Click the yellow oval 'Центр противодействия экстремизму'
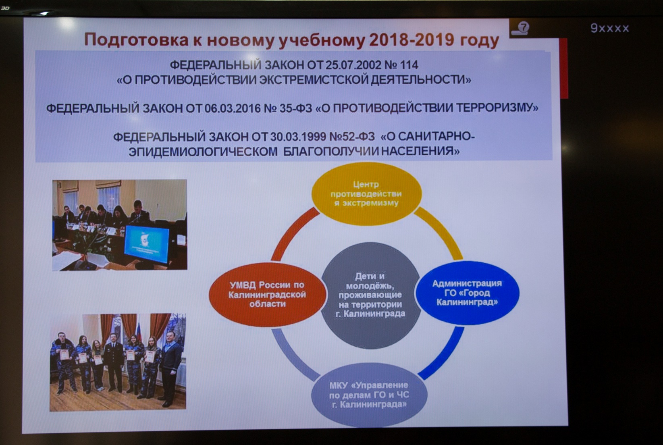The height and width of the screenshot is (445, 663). point(366,193)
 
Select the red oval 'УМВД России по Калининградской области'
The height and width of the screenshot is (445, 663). point(267,295)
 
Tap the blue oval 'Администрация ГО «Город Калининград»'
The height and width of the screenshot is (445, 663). point(467,293)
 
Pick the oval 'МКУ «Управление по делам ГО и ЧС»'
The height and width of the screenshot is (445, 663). point(369,395)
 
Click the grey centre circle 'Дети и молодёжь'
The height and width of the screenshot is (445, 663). point(370,295)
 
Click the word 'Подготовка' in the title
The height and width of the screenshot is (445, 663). point(137,40)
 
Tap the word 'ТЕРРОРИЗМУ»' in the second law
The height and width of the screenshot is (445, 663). point(497,108)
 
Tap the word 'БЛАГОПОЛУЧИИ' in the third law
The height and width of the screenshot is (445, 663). point(331,152)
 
